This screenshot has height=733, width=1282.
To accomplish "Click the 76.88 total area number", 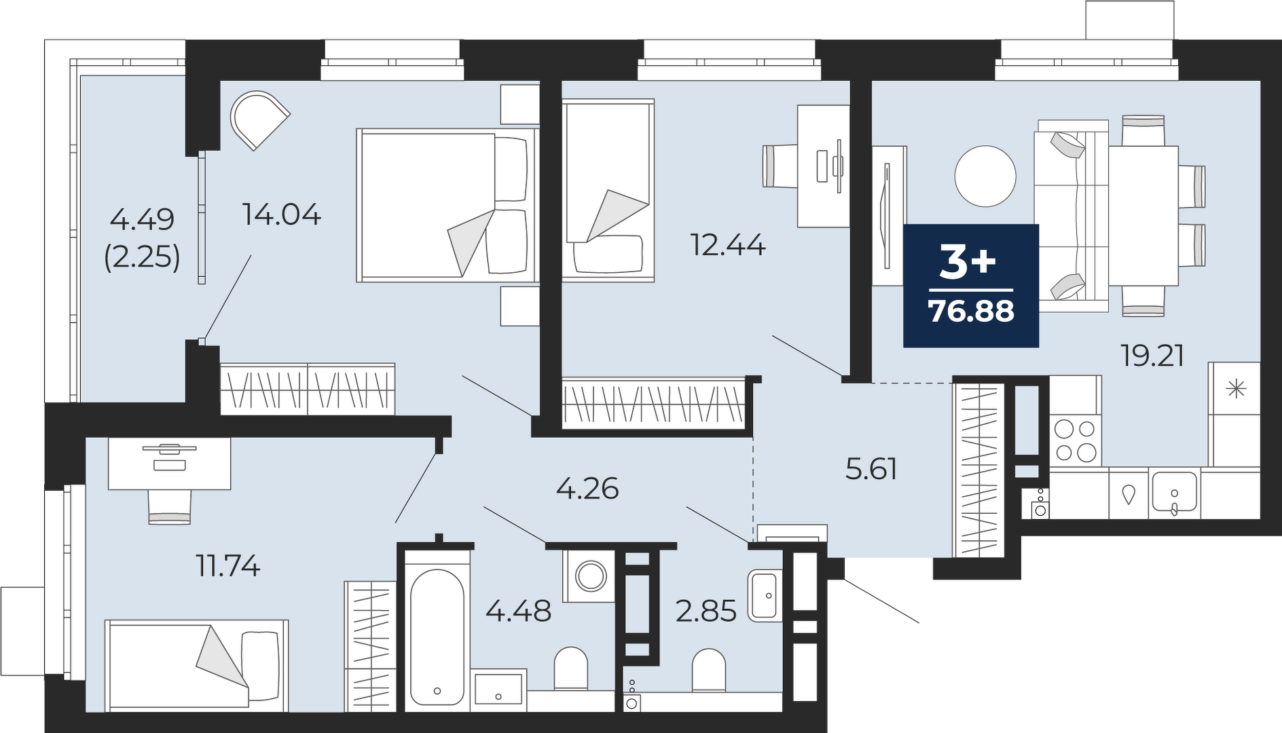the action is point(971,312).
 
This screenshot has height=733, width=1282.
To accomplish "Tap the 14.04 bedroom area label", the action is point(282,214).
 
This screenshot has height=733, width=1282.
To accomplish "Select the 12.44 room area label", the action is point(728,244).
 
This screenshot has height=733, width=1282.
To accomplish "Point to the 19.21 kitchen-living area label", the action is point(1152,356).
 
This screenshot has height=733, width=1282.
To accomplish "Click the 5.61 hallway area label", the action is point(871,469).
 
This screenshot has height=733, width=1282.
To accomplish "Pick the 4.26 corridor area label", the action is point(587,488).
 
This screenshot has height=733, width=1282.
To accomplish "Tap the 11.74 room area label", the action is point(228,565).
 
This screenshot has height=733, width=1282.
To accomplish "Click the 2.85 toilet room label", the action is point(706,612).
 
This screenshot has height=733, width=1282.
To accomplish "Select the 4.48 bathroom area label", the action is point(519,612).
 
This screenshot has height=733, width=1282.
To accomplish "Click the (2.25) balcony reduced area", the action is point(143,257).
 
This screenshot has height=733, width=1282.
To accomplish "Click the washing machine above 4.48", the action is point(589,576).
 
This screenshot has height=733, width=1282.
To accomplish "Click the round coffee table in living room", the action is point(985,176).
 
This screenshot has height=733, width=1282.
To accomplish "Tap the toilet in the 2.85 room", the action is point(709,671).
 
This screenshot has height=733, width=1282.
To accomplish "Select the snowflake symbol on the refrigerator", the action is point(1236,389).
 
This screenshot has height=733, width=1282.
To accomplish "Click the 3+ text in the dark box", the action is point(968,263).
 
